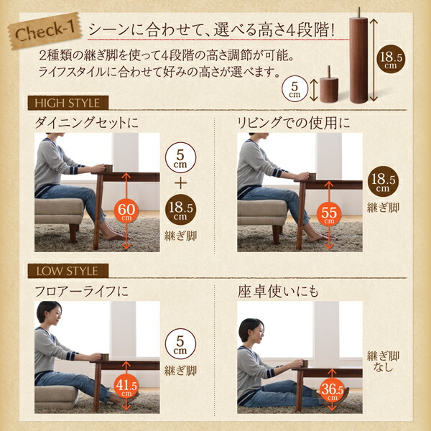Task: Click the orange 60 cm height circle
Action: click(126, 210)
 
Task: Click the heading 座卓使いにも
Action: click(276, 292)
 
